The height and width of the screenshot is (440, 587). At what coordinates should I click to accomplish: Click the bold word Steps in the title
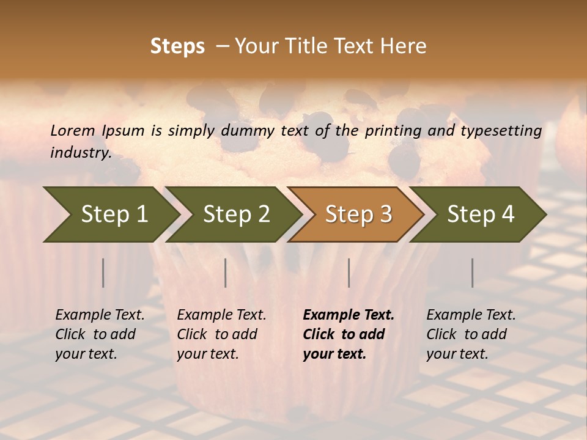(177, 46)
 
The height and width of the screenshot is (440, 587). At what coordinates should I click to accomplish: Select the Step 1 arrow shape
(110, 215)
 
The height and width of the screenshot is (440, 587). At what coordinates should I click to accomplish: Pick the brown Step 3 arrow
(356, 215)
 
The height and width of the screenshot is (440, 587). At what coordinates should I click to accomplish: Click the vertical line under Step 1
(103, 273)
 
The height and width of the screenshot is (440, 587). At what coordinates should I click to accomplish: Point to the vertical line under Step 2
(226, 273)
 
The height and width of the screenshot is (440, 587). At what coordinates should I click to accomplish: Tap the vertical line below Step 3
(349, 273)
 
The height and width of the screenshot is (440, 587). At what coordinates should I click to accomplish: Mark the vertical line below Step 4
(473, 273)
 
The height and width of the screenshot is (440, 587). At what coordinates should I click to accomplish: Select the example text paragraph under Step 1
(100, 334)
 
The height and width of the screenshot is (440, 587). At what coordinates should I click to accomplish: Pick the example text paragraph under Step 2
(221, 334)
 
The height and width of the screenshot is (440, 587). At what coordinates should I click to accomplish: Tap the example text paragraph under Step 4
(471, 334)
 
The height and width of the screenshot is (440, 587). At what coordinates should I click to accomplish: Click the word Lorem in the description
(72, 131)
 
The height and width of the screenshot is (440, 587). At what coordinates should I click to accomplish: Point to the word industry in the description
(80, 153)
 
